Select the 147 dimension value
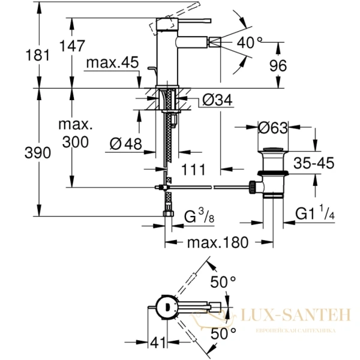coord(71,46)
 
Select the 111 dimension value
coord(193,170)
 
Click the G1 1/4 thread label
coord(318,214)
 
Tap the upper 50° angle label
coord(223,281)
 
